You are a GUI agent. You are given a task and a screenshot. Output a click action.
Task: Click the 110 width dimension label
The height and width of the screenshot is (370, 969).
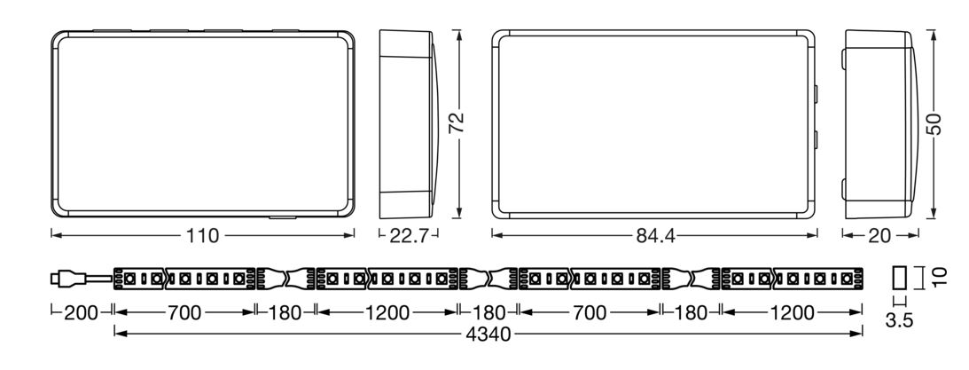point(202,236)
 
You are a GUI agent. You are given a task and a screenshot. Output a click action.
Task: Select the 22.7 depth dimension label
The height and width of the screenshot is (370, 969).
point(409,236)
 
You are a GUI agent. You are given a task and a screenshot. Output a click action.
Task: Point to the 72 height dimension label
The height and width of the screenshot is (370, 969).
point(457,123)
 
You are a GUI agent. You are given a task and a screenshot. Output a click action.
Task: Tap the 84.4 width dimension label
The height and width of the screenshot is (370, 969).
point(655,236)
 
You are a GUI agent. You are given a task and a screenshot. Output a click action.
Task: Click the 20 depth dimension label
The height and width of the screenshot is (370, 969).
point(880,236)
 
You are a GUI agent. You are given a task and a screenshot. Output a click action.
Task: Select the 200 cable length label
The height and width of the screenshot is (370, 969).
point(81,313)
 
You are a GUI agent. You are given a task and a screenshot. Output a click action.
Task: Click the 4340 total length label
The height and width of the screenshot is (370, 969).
point(488,335)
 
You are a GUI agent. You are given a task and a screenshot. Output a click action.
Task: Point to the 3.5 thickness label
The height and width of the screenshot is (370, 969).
point(899,320)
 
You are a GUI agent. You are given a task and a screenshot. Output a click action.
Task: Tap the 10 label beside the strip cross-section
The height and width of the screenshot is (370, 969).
point(940,277)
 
